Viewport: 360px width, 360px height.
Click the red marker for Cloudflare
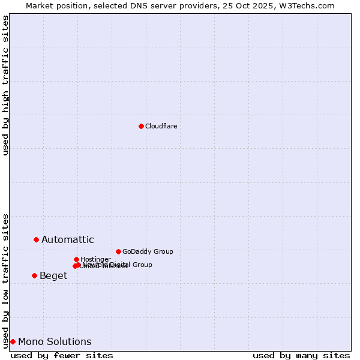[141, 126]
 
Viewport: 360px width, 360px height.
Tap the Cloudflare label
[161, 126]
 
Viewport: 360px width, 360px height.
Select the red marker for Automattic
[36, 239]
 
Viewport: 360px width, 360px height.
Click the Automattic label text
[67, 240]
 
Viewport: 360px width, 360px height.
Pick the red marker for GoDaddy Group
[118, 251]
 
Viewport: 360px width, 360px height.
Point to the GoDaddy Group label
[148, 251]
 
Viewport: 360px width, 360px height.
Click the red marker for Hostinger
[76, 259]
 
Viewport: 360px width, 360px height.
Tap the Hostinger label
[95, 259]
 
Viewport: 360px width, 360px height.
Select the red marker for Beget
[34, 275]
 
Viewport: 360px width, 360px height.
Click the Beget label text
[53, 276]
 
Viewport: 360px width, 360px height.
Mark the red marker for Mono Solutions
[13, 341]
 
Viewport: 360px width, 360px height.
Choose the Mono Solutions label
[55, 342]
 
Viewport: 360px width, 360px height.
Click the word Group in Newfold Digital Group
[142, 265]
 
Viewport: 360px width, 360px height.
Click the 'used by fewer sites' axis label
[62, 355]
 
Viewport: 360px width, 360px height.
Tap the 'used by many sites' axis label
[301, 355]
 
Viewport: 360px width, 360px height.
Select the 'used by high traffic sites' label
[5, 85]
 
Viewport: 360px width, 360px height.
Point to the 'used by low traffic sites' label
[5, 280]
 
